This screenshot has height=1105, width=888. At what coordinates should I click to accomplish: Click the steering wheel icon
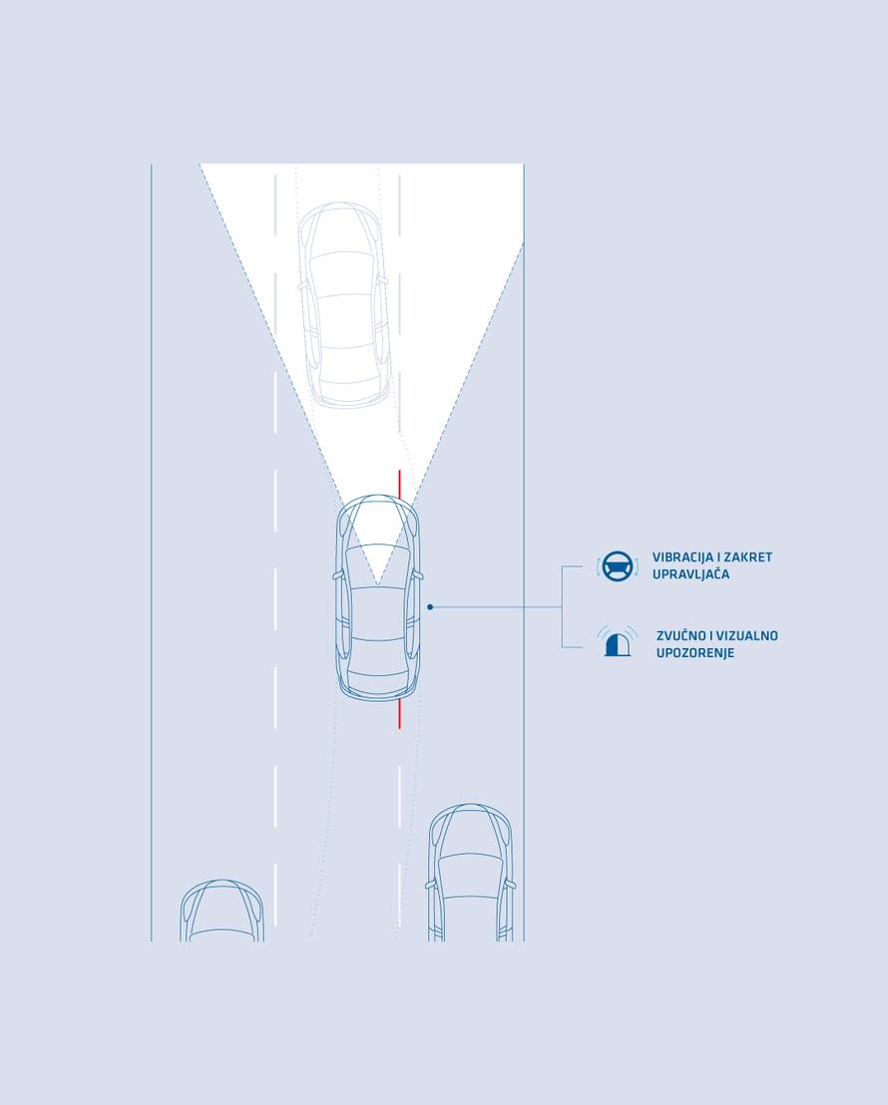[x=618, y=565]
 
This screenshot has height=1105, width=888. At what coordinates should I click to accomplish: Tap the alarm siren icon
[x=618, y=641]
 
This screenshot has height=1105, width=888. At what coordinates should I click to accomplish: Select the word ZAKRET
[x=748, y=556]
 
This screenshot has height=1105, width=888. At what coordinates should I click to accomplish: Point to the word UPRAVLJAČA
[x=690, y=574]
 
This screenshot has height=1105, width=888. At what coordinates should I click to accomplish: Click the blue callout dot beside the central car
[x=430, y=606]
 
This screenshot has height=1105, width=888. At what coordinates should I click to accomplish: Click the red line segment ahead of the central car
[x=399, y=484]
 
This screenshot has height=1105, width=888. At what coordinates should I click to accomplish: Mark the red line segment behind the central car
[x=399, y=713]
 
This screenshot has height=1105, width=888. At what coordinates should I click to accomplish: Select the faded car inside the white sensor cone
[x=343, y=305]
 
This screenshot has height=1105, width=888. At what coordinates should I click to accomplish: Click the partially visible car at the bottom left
[x=222, y=910]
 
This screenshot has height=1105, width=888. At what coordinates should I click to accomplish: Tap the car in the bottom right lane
[x=471, y=873]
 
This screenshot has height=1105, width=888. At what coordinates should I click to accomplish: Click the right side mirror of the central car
[x=419, y=575]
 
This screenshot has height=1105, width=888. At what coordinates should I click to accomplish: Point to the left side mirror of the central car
[x=337, y=575]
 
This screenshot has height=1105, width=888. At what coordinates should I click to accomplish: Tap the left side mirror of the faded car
[x=303, y=286]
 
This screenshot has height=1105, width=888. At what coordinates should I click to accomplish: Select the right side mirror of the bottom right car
[x=510, y=884]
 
